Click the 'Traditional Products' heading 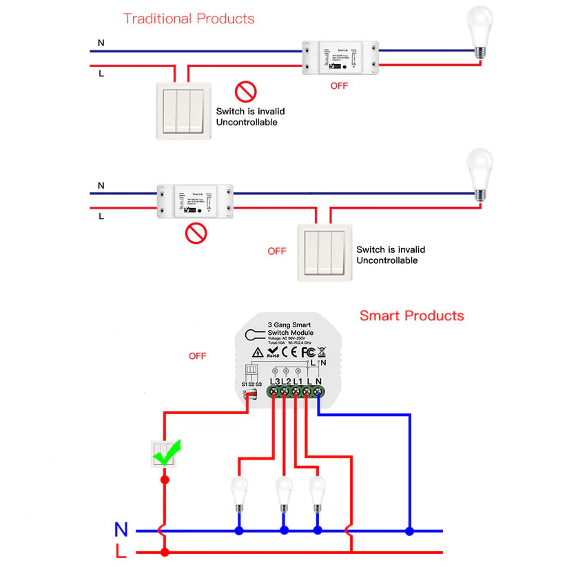point(189,19)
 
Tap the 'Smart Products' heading point(411,316)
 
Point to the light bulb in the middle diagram point(480,172)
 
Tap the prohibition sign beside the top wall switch point(245,91)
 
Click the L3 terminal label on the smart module point(275,381)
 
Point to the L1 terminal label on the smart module point(298,381)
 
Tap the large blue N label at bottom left point(121,529)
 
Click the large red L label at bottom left point(121,551)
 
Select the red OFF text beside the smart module point(198,356)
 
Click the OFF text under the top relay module point(339,86)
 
